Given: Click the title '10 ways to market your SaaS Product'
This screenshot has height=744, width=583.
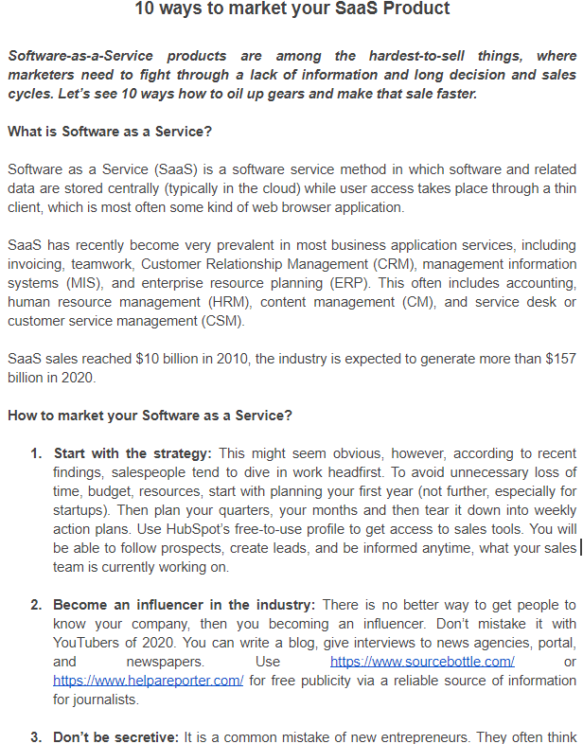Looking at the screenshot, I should tap(291, 9).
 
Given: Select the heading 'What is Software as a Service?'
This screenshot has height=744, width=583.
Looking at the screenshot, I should tap(110, 132).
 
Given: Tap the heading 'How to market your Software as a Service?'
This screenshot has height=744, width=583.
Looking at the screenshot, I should tap(150, 416).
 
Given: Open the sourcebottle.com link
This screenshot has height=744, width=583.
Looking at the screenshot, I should tap(422, 661).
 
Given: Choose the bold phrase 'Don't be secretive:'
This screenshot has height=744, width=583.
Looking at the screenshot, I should tap(116, 735).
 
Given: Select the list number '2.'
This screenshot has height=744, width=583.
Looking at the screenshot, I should tap(37, 604).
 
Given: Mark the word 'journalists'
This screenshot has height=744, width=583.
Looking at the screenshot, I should tap(107, 699).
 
